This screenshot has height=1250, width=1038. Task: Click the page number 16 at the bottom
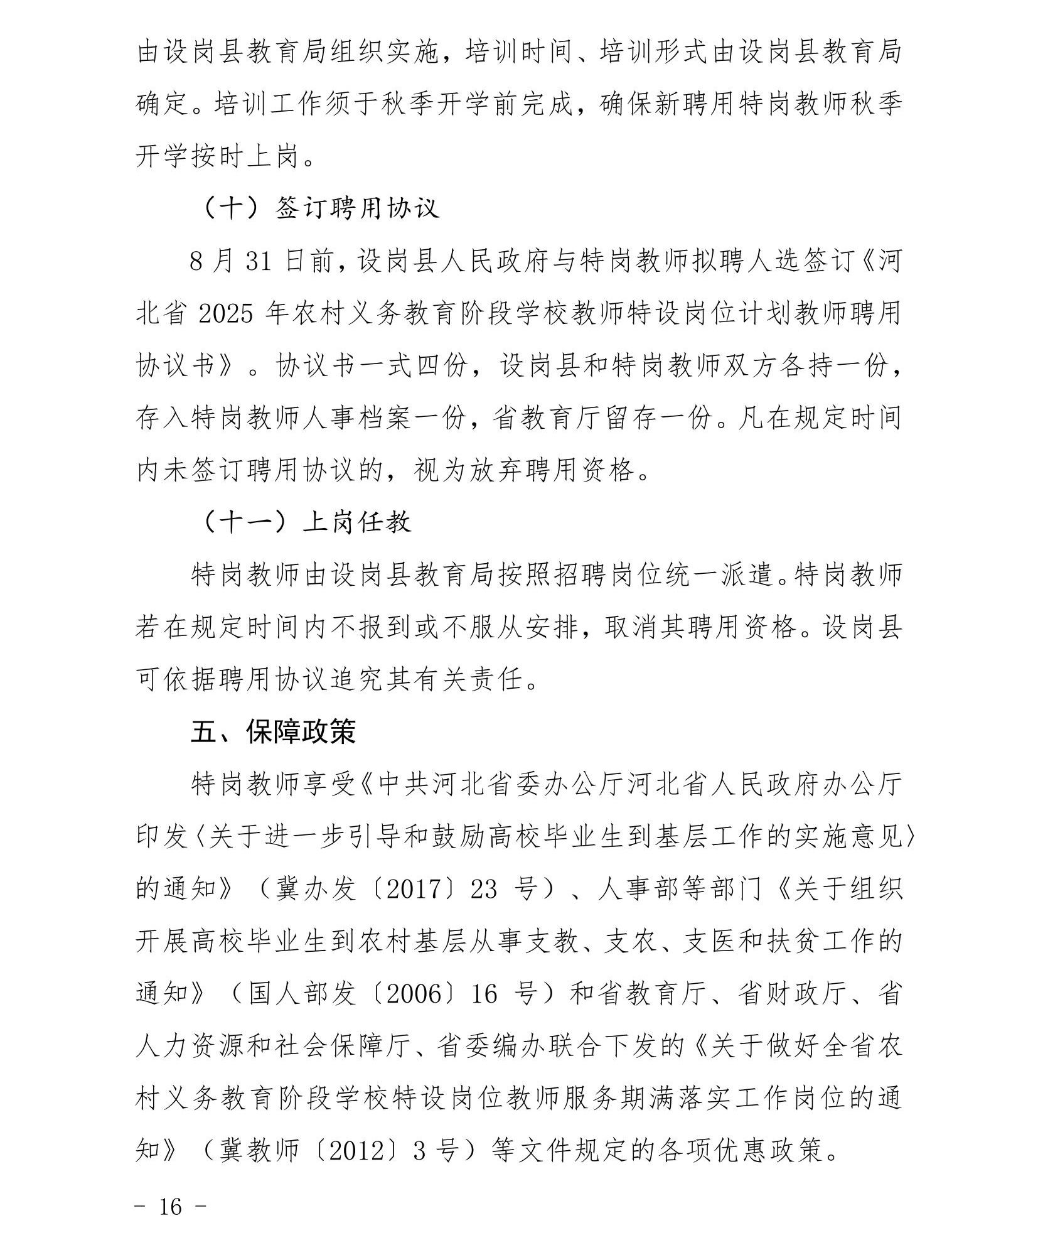(x=170, y=1206)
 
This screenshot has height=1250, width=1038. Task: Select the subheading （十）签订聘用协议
(x=321, y=208)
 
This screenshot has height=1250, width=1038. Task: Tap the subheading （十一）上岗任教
(x=308, y=522)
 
